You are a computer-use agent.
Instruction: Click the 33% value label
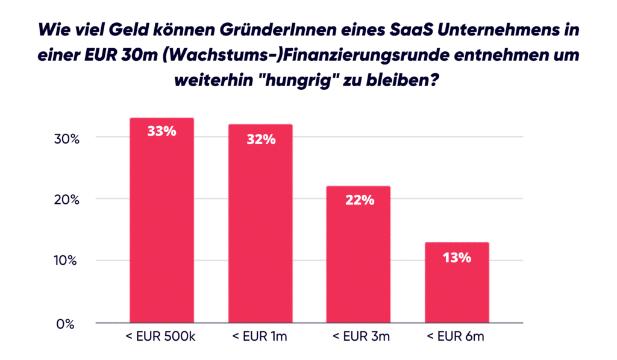(x=161, y=130)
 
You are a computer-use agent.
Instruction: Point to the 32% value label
(x=260, y=139)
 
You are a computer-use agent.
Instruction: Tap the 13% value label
(x=457, y=257)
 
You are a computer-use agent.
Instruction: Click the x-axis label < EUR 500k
(x=161, y=337)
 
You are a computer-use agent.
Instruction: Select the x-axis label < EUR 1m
(x=260, y=337)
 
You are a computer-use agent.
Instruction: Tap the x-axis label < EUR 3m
(x=359, y=337)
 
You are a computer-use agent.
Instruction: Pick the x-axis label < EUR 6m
(x=457, y=337)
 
